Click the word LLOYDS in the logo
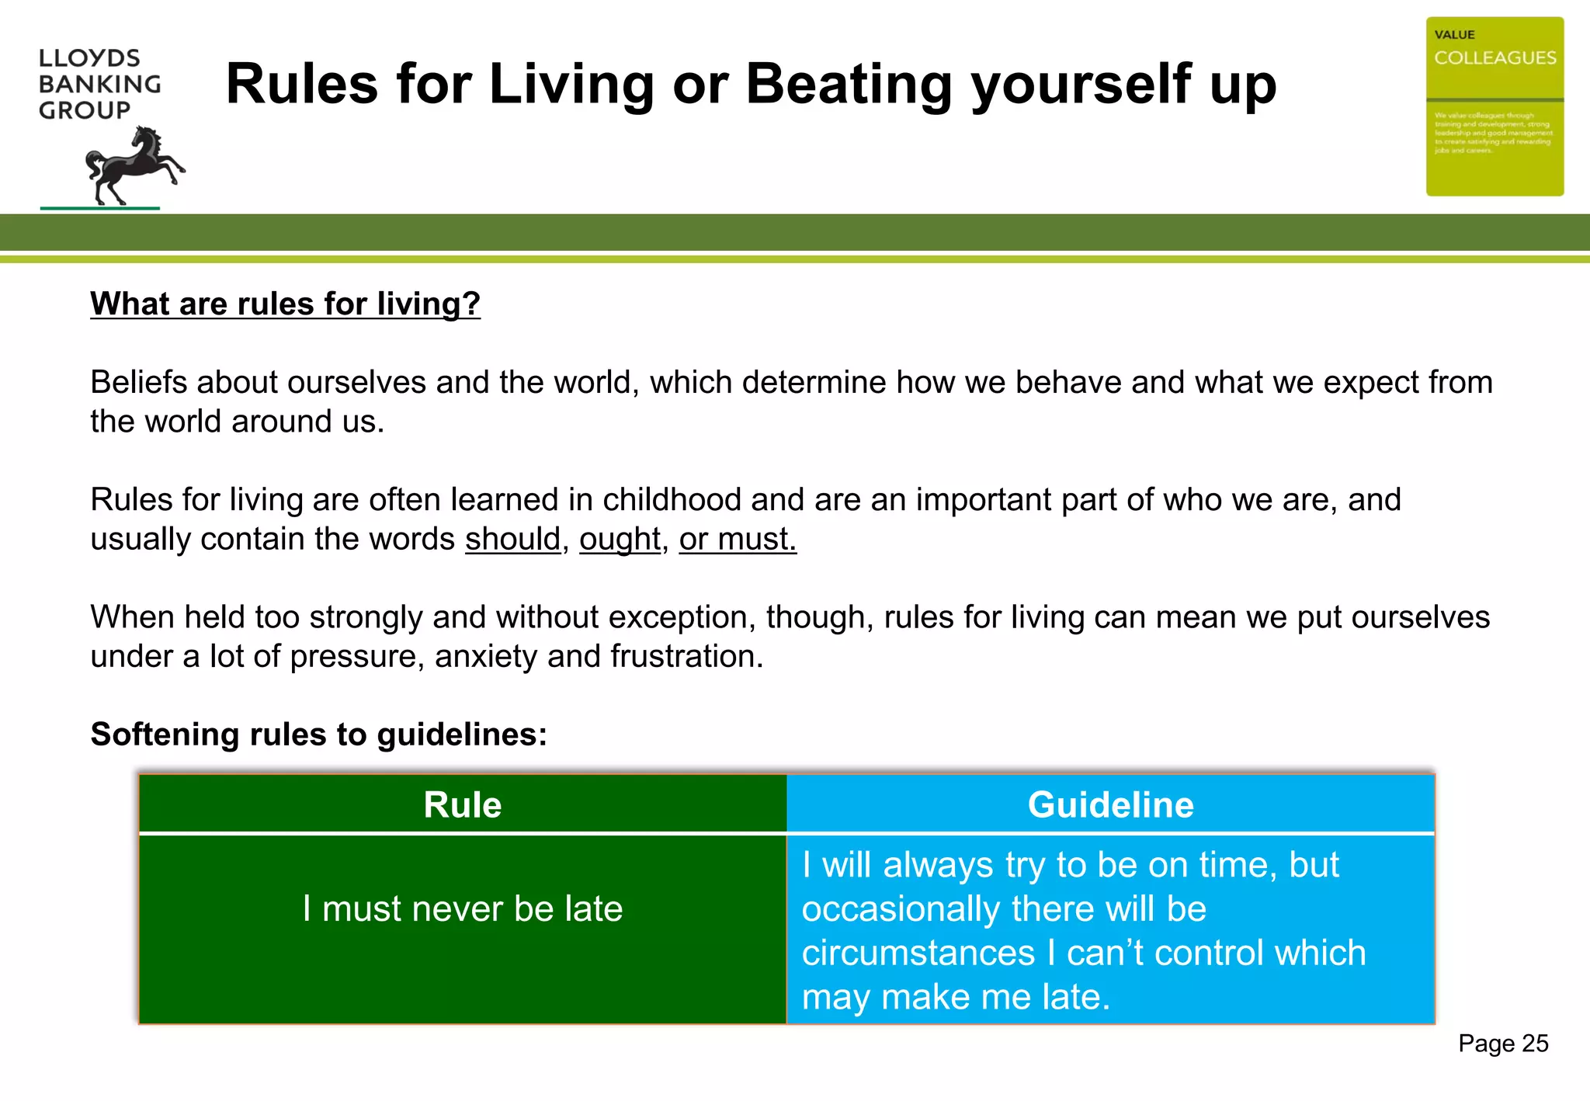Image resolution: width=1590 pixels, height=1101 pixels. (x=89, y=58)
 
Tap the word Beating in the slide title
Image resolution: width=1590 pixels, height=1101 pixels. (x=848, y=84)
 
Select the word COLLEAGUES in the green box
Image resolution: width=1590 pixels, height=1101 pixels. (x=1495, y=58)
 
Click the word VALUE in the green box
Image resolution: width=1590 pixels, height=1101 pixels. (x=1454, y=35)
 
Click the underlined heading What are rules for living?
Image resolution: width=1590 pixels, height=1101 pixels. (x=285, y=304)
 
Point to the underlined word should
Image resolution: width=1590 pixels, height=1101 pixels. (x=512, y=539)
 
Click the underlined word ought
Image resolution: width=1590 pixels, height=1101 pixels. (x=620, y=539)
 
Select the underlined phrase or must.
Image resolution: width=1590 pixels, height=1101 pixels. (x=738, y=539)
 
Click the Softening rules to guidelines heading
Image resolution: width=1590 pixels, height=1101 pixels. (x=319, y=735)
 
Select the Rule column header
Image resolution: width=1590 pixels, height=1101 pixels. (x=463, y=804)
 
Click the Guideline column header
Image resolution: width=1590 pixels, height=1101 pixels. (x=1110, y=804)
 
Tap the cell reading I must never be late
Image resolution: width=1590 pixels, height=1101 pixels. (x=463, y=908)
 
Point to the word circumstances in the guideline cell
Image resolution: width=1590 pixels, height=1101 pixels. (x=918, y=953)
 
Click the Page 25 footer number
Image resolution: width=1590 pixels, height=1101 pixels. (x=1502, y=1044)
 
